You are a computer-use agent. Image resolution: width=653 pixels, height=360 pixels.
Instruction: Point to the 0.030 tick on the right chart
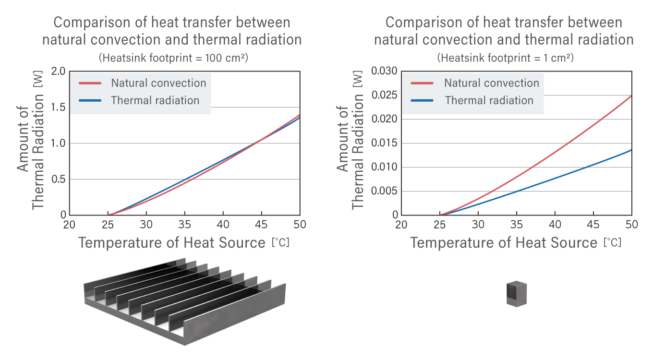(384, 72)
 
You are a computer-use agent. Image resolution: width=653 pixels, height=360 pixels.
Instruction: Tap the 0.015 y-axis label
(384, 143)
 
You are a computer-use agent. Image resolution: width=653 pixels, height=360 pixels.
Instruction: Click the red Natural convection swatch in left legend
(90, 83)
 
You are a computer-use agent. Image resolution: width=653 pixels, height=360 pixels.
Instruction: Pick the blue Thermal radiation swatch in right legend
(422, 100)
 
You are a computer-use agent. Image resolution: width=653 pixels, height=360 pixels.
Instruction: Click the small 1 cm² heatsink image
(517, 294)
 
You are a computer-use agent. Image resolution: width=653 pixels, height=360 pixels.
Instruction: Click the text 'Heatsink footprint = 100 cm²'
(173, 58)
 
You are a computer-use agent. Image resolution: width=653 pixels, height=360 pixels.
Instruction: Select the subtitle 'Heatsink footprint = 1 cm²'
(505, 58)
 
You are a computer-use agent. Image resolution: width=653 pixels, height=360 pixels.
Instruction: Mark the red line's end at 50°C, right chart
(631, 96)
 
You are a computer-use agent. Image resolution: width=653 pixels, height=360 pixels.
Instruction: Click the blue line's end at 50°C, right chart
(631, 150)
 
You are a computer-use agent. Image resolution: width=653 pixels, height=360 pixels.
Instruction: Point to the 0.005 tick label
(384, 191)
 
